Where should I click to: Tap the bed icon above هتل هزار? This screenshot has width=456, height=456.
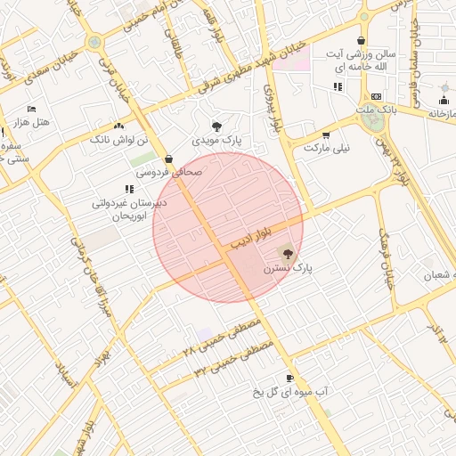point(32,109)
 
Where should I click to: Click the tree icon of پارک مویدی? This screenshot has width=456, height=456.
point(216,126)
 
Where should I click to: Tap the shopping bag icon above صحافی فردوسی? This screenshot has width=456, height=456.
point(168,159)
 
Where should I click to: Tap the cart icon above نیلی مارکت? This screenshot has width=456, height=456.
point(326,135)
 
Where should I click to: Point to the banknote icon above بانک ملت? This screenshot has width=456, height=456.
point(376,96)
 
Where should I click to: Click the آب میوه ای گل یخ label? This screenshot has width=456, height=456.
point(289,391)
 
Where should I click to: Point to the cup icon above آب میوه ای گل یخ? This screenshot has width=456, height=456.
point(289,378)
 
